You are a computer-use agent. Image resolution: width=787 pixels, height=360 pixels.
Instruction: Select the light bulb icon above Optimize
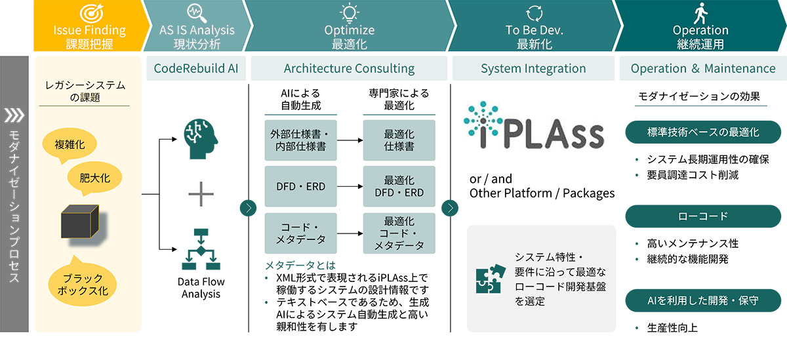(x=349, y=12)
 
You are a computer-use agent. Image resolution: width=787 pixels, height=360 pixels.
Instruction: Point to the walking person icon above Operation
(x=700, y=12)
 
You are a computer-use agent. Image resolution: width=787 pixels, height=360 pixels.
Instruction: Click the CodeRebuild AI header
(x=196, y=68)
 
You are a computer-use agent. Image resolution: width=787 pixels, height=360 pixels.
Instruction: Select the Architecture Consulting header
(x=349, y=68)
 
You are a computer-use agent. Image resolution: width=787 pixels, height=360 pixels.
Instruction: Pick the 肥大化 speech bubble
(x=94, y=178)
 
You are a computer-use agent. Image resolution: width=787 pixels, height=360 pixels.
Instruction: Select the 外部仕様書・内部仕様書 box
(x=300, y=140)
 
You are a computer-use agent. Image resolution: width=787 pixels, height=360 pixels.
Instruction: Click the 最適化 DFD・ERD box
(x=399, y=186)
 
